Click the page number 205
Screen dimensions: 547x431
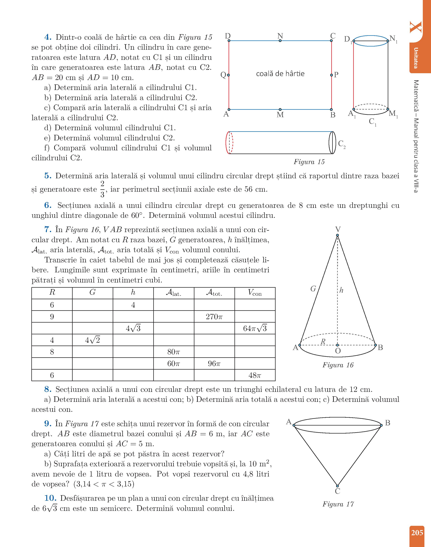tap(417, 533)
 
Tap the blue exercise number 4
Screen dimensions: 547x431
tap(48, 37)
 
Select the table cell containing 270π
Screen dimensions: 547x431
tap(214, 317)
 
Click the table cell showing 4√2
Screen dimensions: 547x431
tap(92, 340)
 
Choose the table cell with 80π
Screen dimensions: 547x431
tap(174, 352)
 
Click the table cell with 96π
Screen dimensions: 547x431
tap(214, 364)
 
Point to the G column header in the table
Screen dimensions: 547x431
tap(92, 293)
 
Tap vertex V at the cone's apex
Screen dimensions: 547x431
tap(337, 235)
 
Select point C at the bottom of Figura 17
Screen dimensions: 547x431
tap(337, 485)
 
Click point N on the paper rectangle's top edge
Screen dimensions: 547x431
tap(280, 40)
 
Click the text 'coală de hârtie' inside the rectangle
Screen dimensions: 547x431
tap(280, 74)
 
